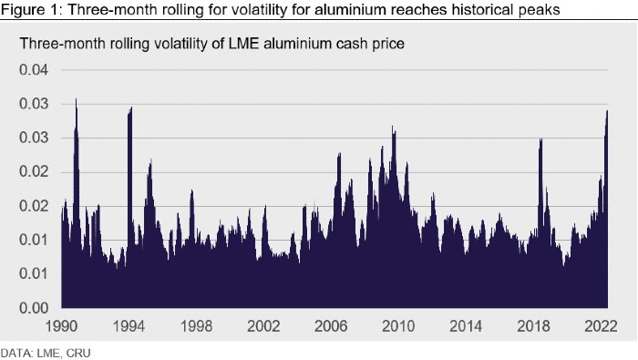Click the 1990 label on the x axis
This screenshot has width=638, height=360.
tap(61, 326)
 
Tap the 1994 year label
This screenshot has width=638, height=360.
tap(129, 326)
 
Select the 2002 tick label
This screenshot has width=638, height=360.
tap(263, 326)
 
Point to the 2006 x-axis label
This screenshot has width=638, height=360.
tap(331, 326)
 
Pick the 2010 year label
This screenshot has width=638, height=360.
tap(398, 326)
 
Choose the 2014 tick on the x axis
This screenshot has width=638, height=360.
tap(466, 326)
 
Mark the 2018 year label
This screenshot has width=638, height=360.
tap(533, 326)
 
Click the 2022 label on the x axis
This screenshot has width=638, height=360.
tap(601, 326)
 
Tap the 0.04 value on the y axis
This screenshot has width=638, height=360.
tap(34, 70)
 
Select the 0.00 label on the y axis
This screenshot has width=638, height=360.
tap(34, 308)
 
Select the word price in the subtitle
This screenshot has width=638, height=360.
tap(388, 44)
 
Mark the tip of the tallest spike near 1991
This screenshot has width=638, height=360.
tap(76, 98)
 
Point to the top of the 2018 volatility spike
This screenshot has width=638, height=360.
tap(540, 139)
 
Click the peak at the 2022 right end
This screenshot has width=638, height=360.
tap(607, 110)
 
